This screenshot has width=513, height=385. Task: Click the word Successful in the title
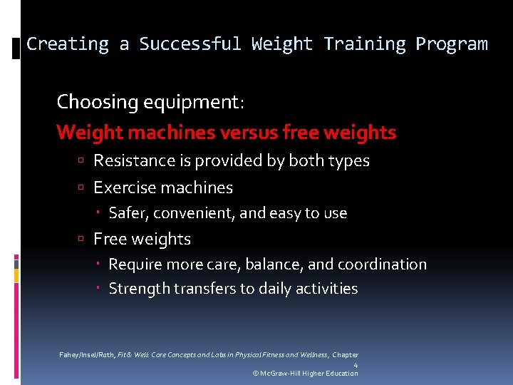190,44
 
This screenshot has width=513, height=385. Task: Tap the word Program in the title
452,44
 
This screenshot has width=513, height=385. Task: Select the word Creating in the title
68,44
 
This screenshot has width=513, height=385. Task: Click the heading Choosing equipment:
150,103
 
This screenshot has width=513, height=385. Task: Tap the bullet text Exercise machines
163,188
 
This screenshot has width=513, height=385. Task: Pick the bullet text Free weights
142,240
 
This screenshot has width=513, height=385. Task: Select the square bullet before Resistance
83,162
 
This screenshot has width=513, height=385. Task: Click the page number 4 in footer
356,365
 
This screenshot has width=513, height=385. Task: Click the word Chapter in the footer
345,355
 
